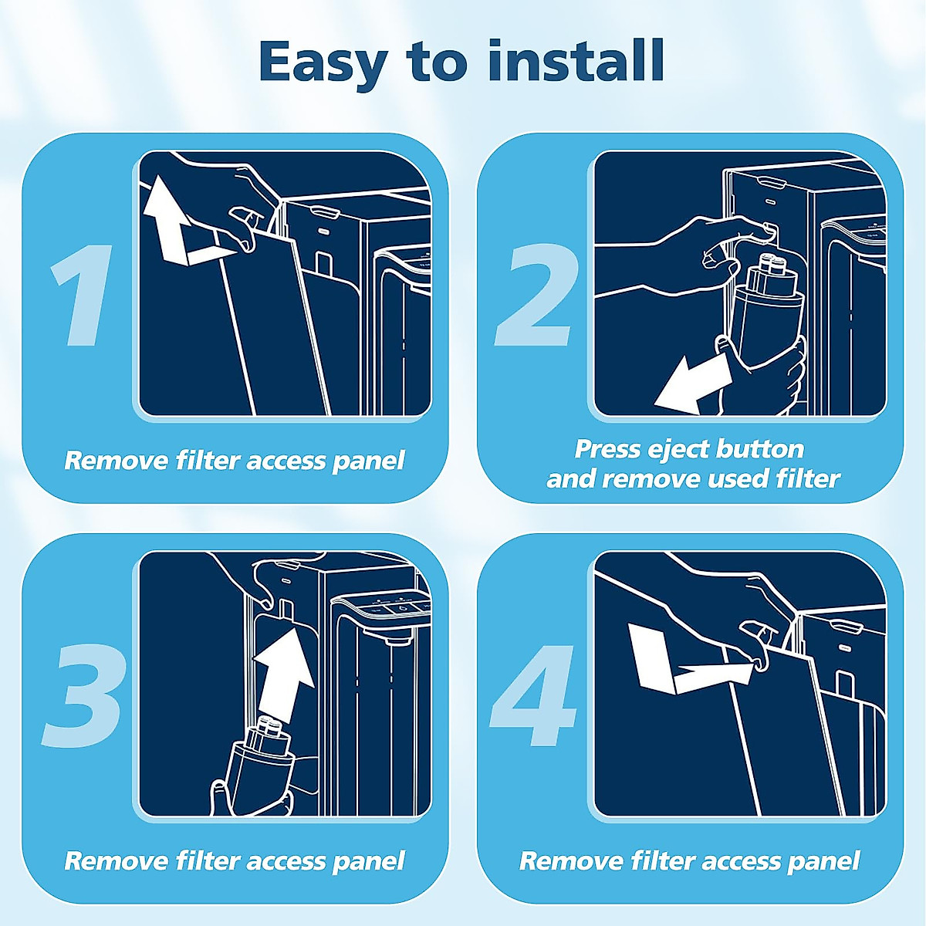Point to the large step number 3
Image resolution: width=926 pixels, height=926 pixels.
coord(83,698)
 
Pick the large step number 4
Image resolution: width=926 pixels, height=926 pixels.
coord(532,697)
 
